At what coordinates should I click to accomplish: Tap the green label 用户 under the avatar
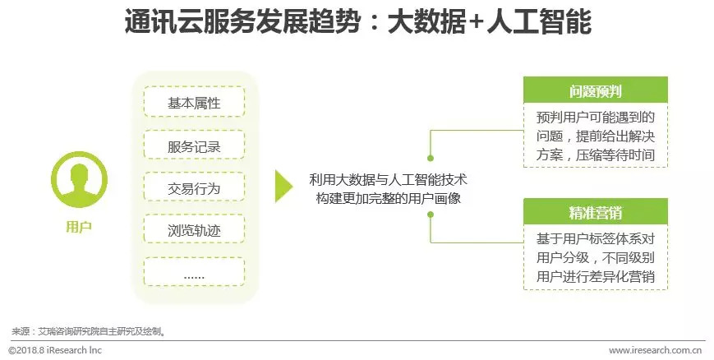click(x=79, y=227)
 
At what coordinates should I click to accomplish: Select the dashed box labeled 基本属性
click(x=194, y=103)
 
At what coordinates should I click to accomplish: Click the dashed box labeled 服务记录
click(x=194, y=146)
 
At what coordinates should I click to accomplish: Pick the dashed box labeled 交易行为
click(x=194, y=188)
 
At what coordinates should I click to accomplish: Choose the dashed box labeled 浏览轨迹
click(x=194, y=231)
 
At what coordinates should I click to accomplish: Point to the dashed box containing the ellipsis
click(x=194, y=273)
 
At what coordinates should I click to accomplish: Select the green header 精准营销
click(x=596, y=214)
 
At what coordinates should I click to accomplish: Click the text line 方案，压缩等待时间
click(x=596, y=154)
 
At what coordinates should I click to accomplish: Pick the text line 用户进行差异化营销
click(x=596, y=277)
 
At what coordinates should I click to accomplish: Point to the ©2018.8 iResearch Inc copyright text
click(x=55, y=350)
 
